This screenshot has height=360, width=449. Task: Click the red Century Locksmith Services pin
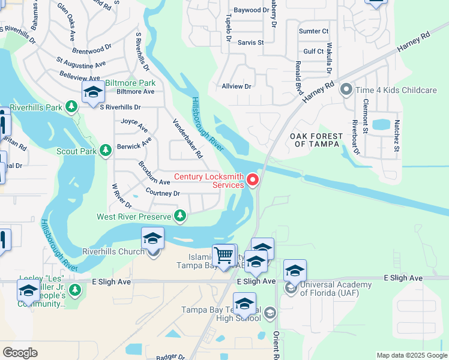click(x=253, y=179)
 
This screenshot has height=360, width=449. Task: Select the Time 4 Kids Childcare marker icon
click(x=346, y=90)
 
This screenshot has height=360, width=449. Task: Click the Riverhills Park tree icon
click(x=71, y=107)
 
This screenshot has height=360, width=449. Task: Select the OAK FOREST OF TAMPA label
click(x=316, y=140)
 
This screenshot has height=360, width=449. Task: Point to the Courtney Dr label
click(x=163, y=193)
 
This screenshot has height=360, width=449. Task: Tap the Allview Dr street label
click(x=237, y=86)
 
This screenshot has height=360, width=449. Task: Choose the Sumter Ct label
click(x=313, y=31)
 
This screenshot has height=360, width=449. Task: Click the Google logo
click(x=20, y=353)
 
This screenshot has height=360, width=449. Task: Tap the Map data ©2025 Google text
click(x=411, y=355)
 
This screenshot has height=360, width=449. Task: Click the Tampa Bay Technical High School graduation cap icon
click(x=244, y=304)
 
